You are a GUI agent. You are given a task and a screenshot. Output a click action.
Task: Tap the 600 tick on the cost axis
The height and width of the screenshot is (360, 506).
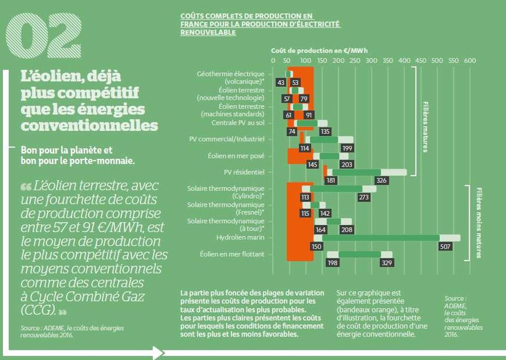pyautogui.click(x=470, y=61)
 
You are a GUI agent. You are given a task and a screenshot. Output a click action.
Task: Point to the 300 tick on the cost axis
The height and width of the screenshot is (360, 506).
pyautogui.click(x=371, y=61)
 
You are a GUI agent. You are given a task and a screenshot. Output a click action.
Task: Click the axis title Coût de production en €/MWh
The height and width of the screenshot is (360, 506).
pyautogui.click(x=319, y=51)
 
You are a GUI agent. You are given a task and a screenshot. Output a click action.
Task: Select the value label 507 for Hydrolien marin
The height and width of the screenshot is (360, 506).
pyautogui.click(x=445, y=246)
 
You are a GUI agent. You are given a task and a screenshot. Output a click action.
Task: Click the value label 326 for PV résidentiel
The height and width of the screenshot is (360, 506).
pyautogui.click(x=381, y=180)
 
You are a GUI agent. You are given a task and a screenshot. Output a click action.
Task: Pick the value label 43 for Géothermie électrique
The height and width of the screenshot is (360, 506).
pyautogui.click(x=281, y=82)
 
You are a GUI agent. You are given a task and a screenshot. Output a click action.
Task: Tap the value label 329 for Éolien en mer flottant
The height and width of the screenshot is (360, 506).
pyautogui.click(x=387, y=262)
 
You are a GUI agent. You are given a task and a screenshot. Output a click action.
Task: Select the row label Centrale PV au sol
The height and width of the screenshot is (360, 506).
pyautogui.click(x=238, y=123)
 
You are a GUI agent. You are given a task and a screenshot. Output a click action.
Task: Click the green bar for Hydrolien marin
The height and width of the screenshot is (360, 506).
pyautogui.click(x=380, y=238)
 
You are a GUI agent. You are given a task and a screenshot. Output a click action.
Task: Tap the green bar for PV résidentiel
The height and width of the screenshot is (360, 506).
pyautogui.click(x=356, y=172)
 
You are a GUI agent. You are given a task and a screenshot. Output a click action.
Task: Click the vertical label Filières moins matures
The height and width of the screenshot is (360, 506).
pyautogui.click(x=478, y=223)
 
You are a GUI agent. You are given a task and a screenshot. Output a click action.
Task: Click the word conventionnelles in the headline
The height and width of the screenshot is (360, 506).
pyautogui.click(x=89, y=126)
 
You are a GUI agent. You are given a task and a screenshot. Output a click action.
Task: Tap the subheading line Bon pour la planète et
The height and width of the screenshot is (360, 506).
pyautogui.click(x=67, y=150)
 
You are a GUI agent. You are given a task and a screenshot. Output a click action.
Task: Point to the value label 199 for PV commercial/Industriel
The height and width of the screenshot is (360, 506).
pyautogui.click(x=348, y=148)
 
